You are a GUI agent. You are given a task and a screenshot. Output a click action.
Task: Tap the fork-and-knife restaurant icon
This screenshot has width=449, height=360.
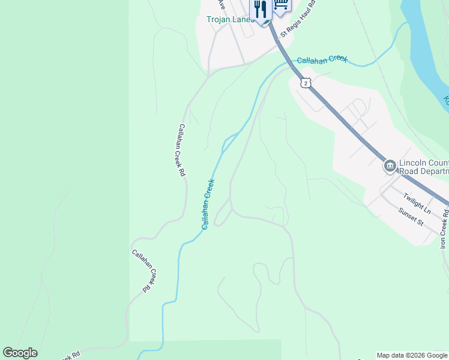[261, 9]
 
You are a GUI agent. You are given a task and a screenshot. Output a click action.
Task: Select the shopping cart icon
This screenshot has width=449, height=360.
[280, 5]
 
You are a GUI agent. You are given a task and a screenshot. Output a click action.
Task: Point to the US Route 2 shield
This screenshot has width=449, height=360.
[306, 83]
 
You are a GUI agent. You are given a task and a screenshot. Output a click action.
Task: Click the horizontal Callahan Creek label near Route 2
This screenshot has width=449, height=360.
[322, 59]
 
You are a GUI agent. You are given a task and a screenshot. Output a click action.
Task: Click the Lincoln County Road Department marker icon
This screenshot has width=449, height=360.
[390, 165]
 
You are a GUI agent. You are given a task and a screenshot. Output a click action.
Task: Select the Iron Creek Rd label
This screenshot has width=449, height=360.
[444, 229]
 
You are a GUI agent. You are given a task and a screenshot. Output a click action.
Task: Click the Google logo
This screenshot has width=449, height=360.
[20, 353]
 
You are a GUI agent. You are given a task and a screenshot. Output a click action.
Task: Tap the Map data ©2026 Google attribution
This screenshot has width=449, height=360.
[412, 355]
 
